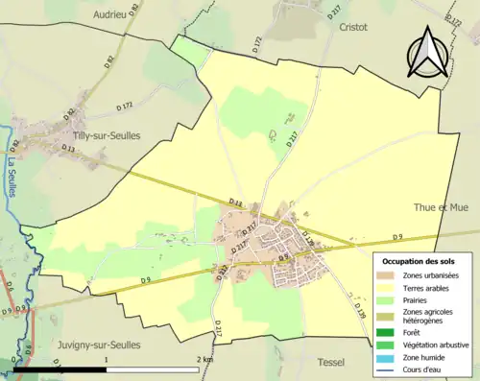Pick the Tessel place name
329,362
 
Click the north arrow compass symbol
428,52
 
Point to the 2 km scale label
204,359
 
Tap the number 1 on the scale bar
106,359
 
